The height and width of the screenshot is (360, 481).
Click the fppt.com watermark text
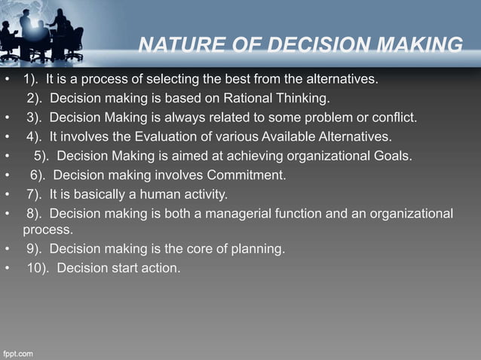(x=20, y=352)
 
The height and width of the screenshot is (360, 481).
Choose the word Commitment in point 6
(x=246, y=175)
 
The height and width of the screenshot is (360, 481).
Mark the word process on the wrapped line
(x=48, y=229)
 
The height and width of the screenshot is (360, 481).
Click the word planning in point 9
(x=259, y=248)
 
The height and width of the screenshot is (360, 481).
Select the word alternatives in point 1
(x=341, y=79)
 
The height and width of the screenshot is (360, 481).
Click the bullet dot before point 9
(x=6, y=248)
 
